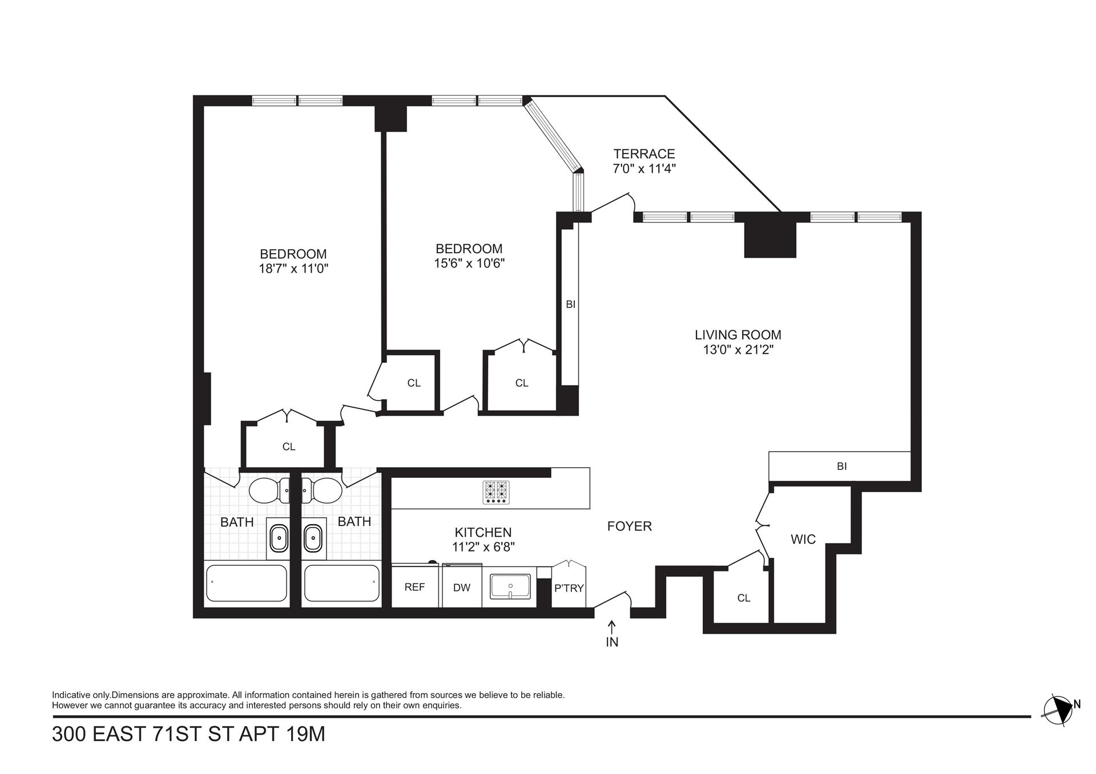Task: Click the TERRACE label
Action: [644, 154]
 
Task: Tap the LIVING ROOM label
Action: [738, 335]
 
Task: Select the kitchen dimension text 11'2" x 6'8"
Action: [483, 546]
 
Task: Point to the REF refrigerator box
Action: [415, 586]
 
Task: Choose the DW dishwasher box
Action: [462, 586]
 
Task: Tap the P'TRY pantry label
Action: [569, 588]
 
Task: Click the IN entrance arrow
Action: [612, 627]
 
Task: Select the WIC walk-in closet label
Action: [803, 539]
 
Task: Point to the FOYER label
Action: [629, 526]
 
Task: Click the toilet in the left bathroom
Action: [269, 490]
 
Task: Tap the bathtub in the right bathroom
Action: [341, 583]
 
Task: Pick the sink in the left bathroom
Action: [279, 538]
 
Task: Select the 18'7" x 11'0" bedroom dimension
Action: [293, 269]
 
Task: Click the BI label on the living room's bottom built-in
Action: [841, 466]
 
